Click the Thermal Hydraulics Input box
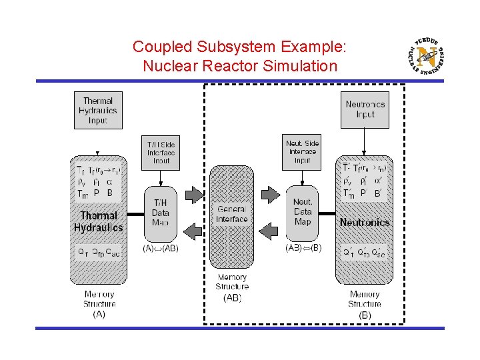pyautogui.click(x=99, y=111)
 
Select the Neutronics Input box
pyautogui.click(x=365, y=109)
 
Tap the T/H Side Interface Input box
pyautogui.click(x=161, y=152)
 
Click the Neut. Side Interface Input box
pyautogui.click(x=302, y=151)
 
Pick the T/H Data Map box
pyautogui.click(x=161, y=213)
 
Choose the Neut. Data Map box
pyautogui.click(x=303, y=213)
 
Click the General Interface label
pyautogui.click(x=231, y=214)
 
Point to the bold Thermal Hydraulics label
pyautogui.click(x=99, y=222)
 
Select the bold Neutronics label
pyautogui.click(x=365, y=222)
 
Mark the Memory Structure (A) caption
pyautogui.click(x=99, y=303)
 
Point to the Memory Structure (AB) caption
pyautogui.click(x=231, y=287)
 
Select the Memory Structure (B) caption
pyautogui.click(x=365, y=303)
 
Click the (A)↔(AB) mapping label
pyautogui.click(x=161, y=249)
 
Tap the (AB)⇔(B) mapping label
pyautogui.click(x=303, y=248)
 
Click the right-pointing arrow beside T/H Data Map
pyautogui.click(x=193, y=195)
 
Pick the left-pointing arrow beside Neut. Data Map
pyautogui.click(x=270, y=231)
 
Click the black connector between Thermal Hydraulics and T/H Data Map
pyautogui.click(x=135, y=214)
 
